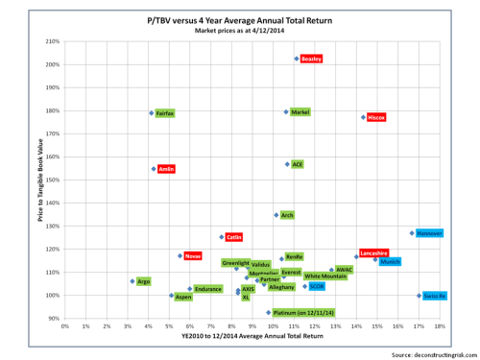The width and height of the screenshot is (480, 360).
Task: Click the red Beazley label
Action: tap(311, 59)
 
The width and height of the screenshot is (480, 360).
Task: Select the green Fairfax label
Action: tap(164, 113)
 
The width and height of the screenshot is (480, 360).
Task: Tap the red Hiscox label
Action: tap(376, 117)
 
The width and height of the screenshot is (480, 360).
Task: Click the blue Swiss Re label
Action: tap(435, 296)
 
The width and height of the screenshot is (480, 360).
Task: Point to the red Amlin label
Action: tap(166, 168)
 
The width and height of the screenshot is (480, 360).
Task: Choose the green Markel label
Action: tap(300, 112)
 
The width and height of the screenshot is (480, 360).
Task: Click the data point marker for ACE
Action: tap(287, 164)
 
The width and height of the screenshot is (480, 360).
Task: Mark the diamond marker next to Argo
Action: tap(132, 281)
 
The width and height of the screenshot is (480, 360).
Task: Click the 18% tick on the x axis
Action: tap(440, 326)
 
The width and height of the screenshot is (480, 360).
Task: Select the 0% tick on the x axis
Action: tap(65, 326)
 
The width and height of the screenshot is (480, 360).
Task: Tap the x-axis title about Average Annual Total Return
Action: tap(252, 339)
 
